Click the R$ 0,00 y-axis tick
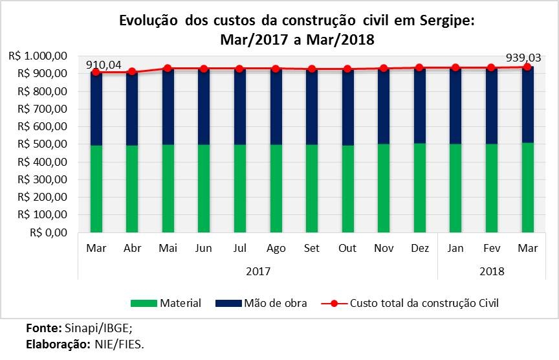[51, 232]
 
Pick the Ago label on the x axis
[276, 248]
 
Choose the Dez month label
[420, 248]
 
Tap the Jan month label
[456, 248]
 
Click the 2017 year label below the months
[258, 271]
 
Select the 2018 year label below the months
[492, 271]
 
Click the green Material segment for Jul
[240, 188]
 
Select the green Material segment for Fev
[492, 188]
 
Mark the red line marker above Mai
[168, 68]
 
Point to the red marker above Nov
[384, 68]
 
